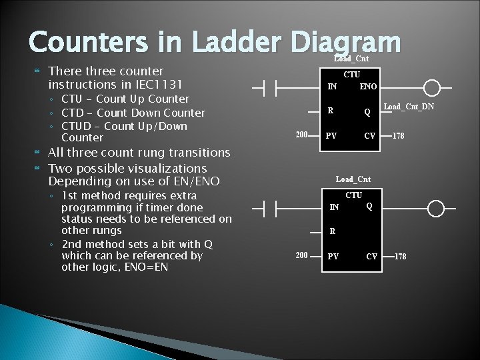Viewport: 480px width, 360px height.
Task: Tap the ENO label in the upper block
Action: [368, 87]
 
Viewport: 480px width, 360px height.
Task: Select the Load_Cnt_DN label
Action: [409, 107]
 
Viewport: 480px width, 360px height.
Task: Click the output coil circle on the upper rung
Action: [433, 88]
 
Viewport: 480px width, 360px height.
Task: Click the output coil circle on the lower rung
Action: [435, 209]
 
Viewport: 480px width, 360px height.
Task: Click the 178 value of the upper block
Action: [398, 136]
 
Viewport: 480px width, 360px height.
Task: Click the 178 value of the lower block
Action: [400, 257]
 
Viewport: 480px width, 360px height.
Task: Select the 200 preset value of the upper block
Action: [301, 135]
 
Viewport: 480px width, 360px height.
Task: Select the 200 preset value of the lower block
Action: [302, 256]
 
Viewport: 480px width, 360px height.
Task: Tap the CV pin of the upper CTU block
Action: [369, 136]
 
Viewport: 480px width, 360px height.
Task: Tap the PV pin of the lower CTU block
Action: [331, 257]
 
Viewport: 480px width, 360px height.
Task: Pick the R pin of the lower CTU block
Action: [332, 232]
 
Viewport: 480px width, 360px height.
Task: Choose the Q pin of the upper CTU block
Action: [367, 112]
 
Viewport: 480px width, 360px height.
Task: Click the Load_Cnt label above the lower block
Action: [353, 179]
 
